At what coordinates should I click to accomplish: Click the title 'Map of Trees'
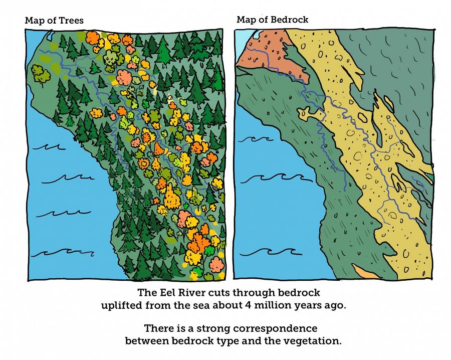(x=54, y=21)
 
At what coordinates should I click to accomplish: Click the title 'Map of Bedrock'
(x=272, y=20)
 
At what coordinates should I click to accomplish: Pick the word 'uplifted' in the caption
(x=121, y=305)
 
